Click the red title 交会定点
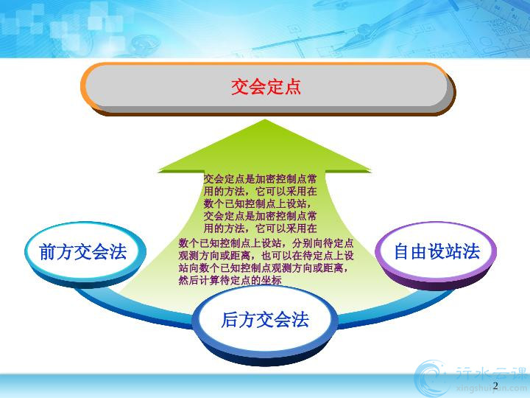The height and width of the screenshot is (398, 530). click(266, 87)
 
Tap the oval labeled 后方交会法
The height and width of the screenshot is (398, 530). click(265, 324)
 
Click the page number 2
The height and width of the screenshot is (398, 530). click(495, 385)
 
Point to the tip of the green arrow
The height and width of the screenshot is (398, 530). click(265, 119)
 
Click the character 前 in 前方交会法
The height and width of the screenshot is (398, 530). click(48, 252)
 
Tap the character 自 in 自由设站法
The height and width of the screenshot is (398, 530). click(402, 252)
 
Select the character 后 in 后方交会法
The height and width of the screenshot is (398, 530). click(230, 320)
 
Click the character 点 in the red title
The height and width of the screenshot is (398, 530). click(292, 87)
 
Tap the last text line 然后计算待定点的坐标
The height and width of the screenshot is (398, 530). click(230, 280)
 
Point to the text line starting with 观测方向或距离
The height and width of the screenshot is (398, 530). click(266, 256)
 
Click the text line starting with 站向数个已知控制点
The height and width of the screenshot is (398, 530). click(264, 268)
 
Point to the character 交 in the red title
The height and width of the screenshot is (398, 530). click(240, 87)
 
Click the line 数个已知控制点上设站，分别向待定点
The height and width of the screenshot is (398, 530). click(266, 243)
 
